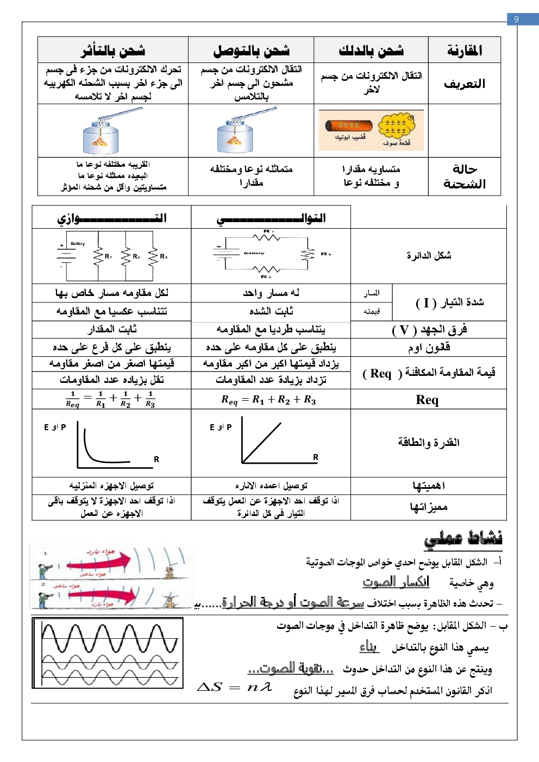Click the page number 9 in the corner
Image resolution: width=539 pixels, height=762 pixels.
coord(516,19)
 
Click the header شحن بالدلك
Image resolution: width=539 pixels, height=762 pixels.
coord(371,51)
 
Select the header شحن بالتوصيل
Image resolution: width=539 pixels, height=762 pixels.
coord(251,51)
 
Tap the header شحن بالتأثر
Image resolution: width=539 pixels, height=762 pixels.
coord(113,51)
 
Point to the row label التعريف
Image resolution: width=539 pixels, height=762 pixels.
coord(465,84)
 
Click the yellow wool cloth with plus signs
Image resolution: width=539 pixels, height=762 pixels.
coord(396,129)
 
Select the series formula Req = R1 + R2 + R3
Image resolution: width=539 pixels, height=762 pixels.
coord(268,400)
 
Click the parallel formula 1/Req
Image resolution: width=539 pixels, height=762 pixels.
coord(111,399)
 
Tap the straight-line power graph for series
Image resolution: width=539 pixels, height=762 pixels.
coord(261,443)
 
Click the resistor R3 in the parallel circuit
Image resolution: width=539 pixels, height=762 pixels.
coord(153,256)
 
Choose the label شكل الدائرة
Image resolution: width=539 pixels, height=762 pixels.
coord(429,255)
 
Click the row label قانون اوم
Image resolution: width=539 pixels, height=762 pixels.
coord(429,347)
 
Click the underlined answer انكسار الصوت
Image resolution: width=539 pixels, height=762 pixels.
coord(396,582)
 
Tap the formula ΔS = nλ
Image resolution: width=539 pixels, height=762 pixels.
coord(235,687)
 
